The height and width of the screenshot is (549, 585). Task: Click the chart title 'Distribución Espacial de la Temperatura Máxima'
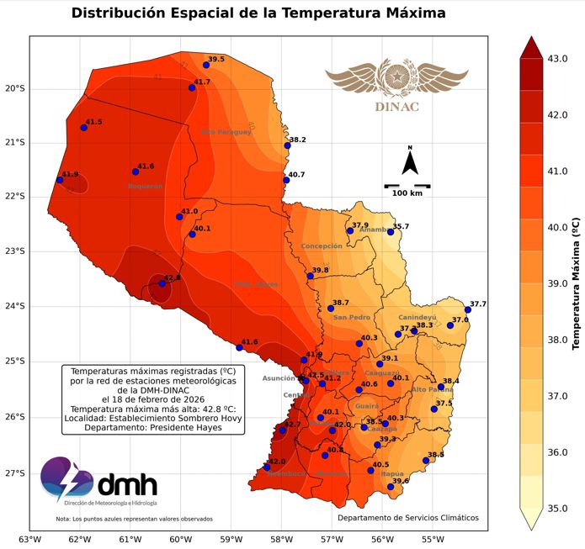pyautogui.click(x=258, y=13)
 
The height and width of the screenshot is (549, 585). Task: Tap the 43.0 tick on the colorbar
pyautogui.click(x=557, y=58)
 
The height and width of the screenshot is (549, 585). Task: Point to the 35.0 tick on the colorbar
pyautogui.click(x=557, y=508)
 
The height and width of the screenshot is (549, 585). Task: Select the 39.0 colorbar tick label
pyautogui.click(x=557, y=283)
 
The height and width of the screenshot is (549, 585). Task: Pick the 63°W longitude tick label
pyautogui.click(x=30, y=539)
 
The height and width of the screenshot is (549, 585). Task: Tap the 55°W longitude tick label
pyautogui.click(x=433, y=539)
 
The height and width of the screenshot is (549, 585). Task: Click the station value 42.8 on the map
pyautogui.click(x=172, y=277)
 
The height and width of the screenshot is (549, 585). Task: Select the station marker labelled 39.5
pyautogui.click(x=206, y=65)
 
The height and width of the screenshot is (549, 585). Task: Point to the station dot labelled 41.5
pyautogui.click(x=83, y=128)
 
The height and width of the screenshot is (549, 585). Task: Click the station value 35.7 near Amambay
pyautogui.click(x=401, y=226)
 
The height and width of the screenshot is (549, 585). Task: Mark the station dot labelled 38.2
pyautogui.click(x=288, y=145)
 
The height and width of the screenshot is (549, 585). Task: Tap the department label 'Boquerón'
pyautogui.click(x=145, y=186)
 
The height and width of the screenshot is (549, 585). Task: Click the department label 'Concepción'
pyautogui.click(x=322, y=246)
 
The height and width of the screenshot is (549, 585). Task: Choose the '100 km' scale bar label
pyautogui.click(x=407, y=193)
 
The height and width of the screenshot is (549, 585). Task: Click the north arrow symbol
pyautogui.click(x=410, y=161)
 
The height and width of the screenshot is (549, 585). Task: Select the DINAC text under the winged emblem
pyautogui.click(x=396, y=107)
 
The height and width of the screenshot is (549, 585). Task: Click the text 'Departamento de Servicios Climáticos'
pyautogui.click(x=407, y=518)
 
